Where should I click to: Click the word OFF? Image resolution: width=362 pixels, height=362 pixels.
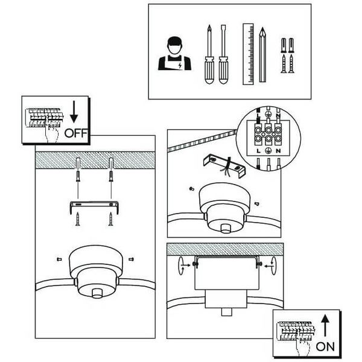point(76,133)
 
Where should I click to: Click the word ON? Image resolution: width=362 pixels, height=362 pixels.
point(325,347)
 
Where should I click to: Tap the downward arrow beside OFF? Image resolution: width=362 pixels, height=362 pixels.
point(74,112)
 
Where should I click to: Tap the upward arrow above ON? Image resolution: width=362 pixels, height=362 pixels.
point(325,326)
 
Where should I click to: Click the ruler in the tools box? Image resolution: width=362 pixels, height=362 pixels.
point(248,54)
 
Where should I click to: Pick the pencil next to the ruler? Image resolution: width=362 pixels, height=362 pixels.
point(262,54)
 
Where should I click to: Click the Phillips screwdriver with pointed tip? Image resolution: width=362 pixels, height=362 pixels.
point(209,54)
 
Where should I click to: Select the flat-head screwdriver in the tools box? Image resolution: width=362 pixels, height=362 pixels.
point(223,54)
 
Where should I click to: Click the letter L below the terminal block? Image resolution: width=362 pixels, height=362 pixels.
point(258,151)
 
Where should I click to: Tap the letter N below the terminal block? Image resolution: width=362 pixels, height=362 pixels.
point(278,151)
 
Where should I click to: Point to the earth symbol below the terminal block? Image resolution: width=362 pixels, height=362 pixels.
point(268,150)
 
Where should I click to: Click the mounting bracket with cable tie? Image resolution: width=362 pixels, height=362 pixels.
point(224,165)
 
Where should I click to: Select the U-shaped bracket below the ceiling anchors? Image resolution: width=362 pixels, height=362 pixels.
point(94,203)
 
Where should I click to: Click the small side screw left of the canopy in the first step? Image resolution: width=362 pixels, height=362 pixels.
point(59,259)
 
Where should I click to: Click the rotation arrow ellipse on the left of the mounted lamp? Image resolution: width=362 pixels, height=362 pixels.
point(181,265)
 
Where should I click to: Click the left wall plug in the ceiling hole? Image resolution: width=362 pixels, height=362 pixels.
point(78,176)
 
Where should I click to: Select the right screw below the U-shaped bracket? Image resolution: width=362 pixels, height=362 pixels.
point(111,219)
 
